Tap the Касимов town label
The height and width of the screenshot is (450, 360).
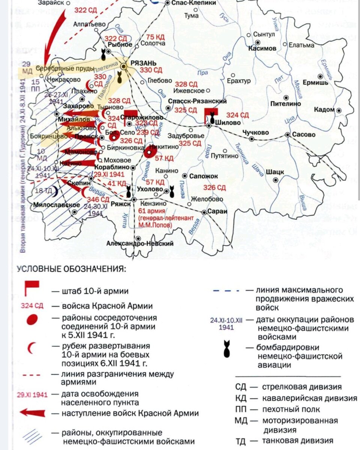tap(262, 49)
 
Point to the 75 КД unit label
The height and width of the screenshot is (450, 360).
tap(155, 37)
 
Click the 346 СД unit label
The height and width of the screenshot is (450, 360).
tap(98, 199)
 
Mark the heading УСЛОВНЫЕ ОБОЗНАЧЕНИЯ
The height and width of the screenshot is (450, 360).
tap(72, 269)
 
